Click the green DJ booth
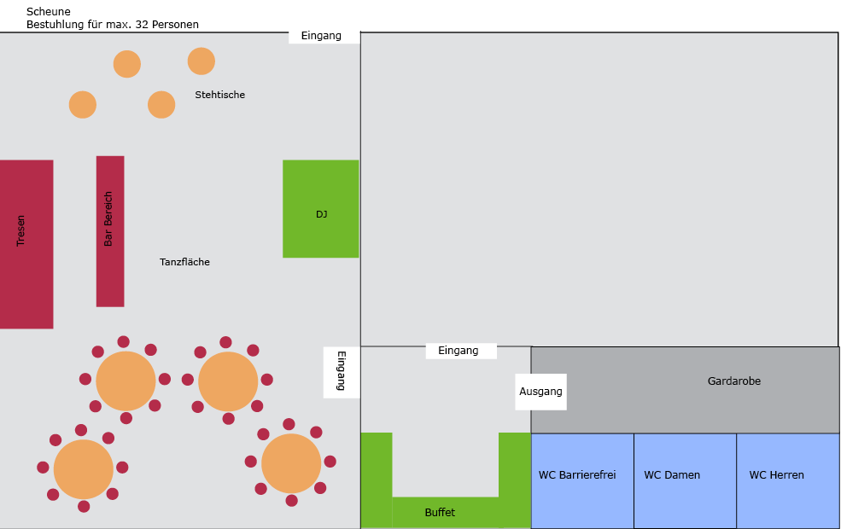pyautogui.click(x=321, y=208)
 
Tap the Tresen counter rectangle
pyautogui.click(x=26, y=244)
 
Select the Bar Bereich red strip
pyautogui.click(x=110, y=231)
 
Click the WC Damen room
pyautogui.click(x=685, y=480)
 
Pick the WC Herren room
pyautogui.click(x=788, y=480)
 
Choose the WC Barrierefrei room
pyautogui.click(x=582, y=480)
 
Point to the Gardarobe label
pyautogui.click(x=733, y=381)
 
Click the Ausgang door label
pyautogui.click(x=540, y=392)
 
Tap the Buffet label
pyautogui.click(x=440, y=513)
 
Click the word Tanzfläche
pyautogui.click(x=184, y=262)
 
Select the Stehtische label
pyautogui.click(x=220, y=95)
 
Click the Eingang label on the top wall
pyautogui.click(x=321, y=36)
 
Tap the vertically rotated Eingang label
pyautogui.click(x=342, y=371)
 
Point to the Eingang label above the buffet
pyautogui.click(x=458, y=351)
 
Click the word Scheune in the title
pyautogui.click(x=49, y=11)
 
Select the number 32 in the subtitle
pyautogui.click(x=142, y=24)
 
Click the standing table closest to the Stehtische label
pyautogui.click(x=201, y=61)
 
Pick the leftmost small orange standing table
pyautogui.click(x=83, y=104)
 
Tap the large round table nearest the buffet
pyautogui.click(x=291, y=463)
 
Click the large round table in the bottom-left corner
pyautogui.click(x=84, y=469)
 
